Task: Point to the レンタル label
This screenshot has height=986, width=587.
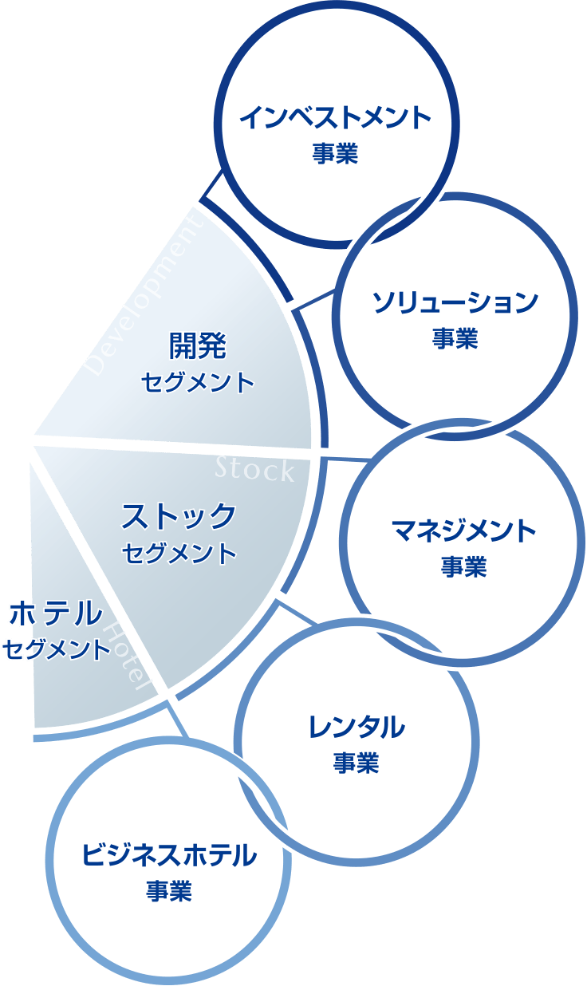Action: click(356, 727)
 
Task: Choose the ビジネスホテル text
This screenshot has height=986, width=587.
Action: click(169, 855)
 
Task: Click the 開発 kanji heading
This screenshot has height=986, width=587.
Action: click(198, 346)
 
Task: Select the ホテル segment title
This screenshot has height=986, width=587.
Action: click(56, 614)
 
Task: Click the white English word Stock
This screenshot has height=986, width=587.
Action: click(254, 471)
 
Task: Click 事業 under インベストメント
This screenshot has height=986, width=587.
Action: click(335, 153)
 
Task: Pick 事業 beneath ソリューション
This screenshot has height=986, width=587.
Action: click(455, 339)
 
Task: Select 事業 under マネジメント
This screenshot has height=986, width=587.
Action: click(463, 567)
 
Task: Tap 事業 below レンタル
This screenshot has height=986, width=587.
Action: click(356, 763)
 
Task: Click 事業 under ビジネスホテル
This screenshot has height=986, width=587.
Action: click(169, 891)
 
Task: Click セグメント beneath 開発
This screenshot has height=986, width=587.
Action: click(198, 382)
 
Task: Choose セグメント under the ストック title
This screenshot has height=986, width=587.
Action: click(179, 553)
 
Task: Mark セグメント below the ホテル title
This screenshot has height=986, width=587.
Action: click(56, 649)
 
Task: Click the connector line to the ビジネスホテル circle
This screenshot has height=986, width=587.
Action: click(177, 721)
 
